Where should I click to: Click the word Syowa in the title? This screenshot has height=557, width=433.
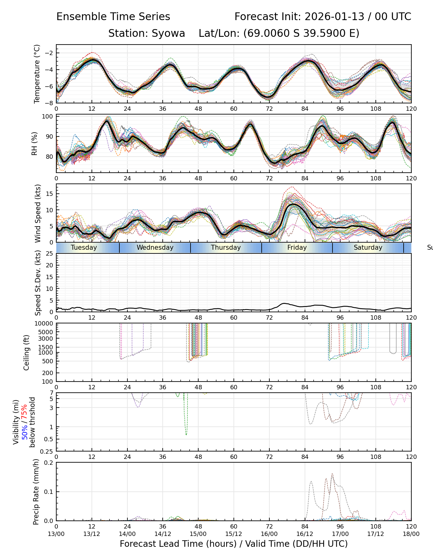[x=168, y=33]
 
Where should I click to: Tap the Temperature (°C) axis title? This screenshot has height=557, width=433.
[x=37, y=74]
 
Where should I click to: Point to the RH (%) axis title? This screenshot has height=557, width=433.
[x=35, y=144]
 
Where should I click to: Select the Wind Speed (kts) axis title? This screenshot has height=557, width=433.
[x=38, y=213]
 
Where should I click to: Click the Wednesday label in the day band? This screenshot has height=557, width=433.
[x=155, y=248]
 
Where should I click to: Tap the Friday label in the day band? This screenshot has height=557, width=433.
[x=297, y=248]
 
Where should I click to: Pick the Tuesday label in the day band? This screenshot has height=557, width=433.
[x=84, y=248]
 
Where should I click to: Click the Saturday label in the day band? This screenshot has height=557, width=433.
[x=368, y=248]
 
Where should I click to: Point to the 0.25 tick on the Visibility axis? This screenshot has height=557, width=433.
[x=47, y=451]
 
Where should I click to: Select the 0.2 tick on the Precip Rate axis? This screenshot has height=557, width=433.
[x=49, y=463]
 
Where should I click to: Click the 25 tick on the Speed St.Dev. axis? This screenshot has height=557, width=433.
[x=49, y=254]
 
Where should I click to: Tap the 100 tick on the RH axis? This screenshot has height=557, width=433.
[x=48, y=117]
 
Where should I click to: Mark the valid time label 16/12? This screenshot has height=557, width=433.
[x=305, y=534]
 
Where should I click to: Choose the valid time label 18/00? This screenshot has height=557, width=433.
[x=411, y=534]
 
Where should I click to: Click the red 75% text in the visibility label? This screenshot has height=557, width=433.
[x=24, y=411]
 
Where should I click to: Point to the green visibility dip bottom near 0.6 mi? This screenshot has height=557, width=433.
[x=186, y=435]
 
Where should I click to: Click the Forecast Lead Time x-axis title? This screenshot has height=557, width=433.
[x=234, y=544]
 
